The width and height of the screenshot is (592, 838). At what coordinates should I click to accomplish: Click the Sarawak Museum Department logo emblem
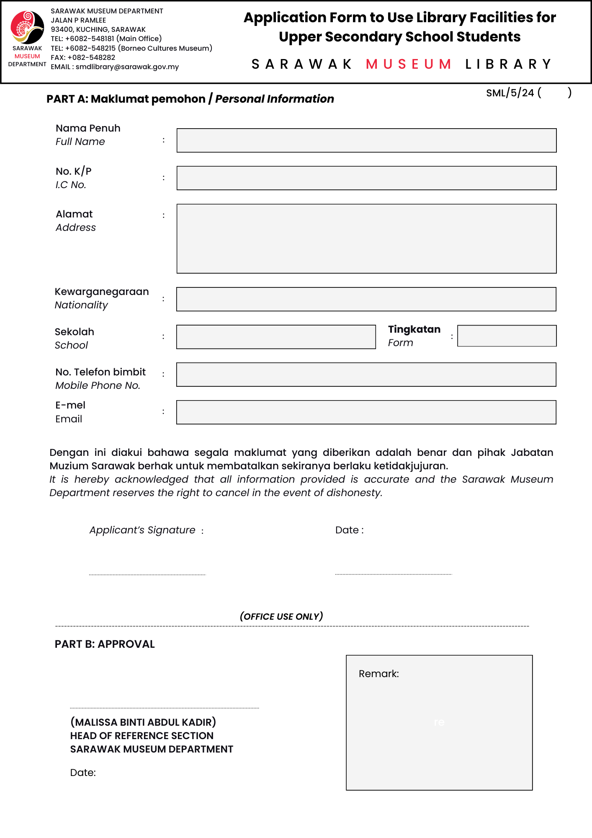click(x=27, y=27)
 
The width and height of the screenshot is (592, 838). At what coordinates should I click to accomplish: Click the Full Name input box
click(x=366, y=140)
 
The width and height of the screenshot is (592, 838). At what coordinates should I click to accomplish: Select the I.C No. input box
click(x=366, y=178)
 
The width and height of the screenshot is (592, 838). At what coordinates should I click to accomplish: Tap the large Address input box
click(x=366, y=238)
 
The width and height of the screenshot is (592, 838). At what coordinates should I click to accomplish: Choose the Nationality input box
click(x=366, y=299)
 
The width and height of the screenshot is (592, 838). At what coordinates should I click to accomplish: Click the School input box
click(x=276, y=337)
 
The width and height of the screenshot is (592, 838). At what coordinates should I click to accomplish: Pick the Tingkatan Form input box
click(x=507, y=336)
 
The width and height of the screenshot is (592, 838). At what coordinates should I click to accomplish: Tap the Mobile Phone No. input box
click(x=366, y=375)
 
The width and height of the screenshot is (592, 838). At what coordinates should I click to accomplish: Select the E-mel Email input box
click(x=366, y=412)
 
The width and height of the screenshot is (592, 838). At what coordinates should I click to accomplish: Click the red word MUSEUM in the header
click(x=409, y=64)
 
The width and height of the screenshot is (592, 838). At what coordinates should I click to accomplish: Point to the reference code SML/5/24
click(x=510, y=93)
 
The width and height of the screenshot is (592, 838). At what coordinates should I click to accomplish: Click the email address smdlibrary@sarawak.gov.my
click(x=127, y=67)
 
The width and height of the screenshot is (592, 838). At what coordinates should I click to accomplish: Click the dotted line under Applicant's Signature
click(x=147, y=574)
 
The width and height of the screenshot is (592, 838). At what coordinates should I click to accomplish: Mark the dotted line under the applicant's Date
click(x=394, y=574)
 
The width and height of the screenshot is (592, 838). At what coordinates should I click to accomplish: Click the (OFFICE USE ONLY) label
click(x=281, y=616)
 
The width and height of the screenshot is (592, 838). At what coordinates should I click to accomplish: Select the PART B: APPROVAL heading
click(x=105, y=644)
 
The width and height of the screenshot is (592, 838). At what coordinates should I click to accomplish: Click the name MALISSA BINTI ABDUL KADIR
click(x=143, y=722)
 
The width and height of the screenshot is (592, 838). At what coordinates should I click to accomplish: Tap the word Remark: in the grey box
click(x=378, y=674)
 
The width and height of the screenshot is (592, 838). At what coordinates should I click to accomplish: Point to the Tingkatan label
click(x=414, y=329)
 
